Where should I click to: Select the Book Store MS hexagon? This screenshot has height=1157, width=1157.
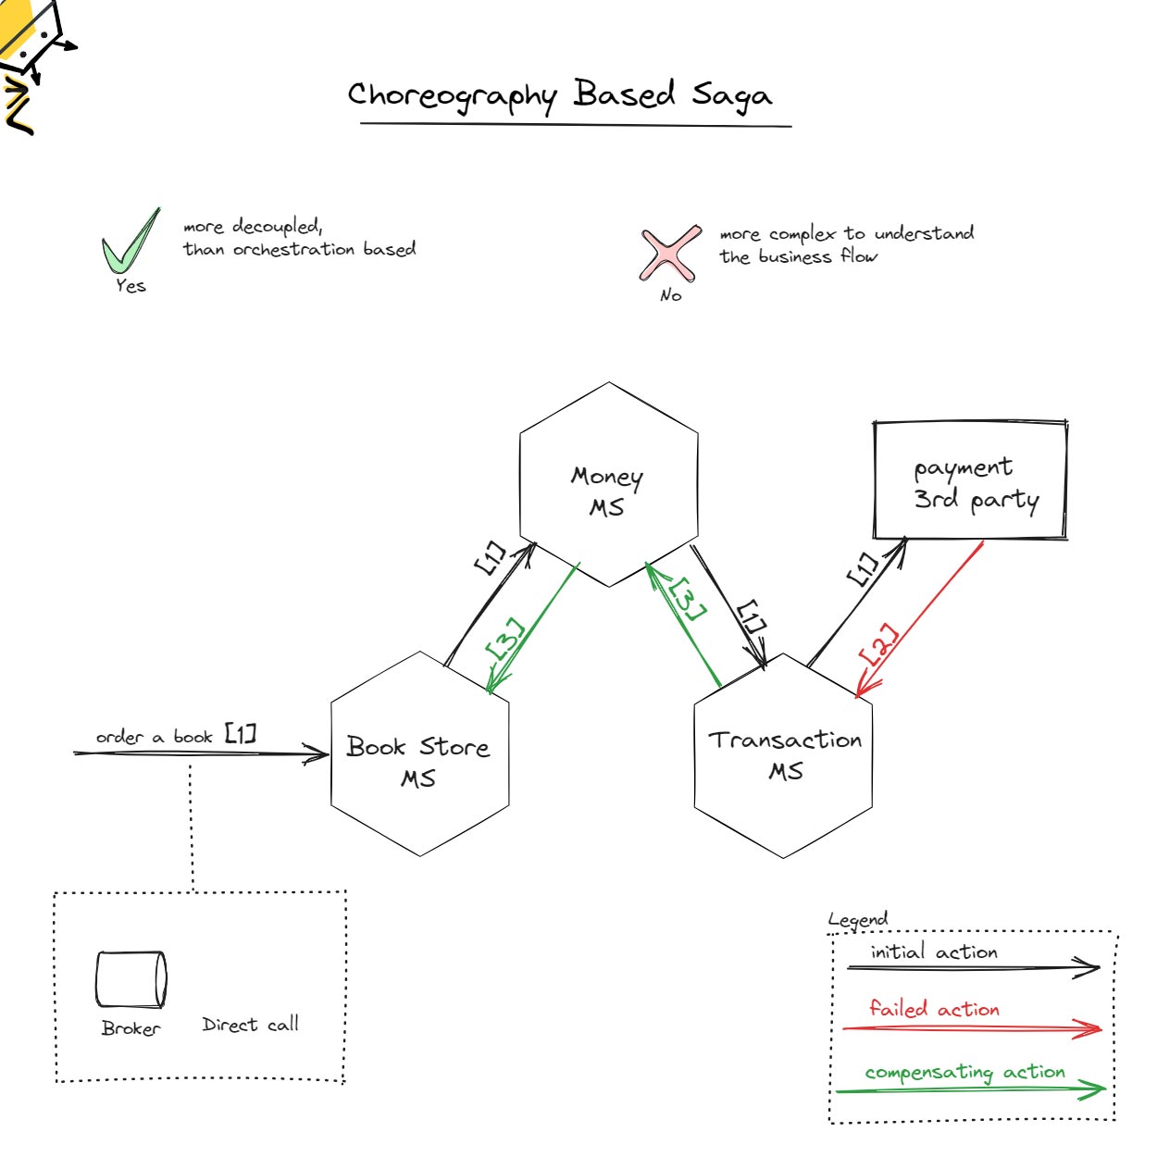pyautogui.click(x=419, y=754)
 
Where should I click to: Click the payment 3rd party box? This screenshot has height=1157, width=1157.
pyautogui.click(x=970, y=480)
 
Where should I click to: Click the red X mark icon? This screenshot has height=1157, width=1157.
pyautogui.click(x=668, y=253)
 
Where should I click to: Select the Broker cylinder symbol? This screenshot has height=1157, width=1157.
pyautogui.click(x=131, y=979)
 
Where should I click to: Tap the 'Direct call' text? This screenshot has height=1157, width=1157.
pyautogui.click(x=250, y=1025)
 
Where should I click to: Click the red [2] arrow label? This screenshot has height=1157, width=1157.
pyautogui.click(x=878, y=644)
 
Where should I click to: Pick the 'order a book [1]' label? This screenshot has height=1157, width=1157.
pyautogui.click(x=176, y=736)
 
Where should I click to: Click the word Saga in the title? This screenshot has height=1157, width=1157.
pyautogui.click(x=731, y=95)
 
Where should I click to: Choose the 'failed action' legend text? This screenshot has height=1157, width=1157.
pyautogui.click(x=934, y=1009)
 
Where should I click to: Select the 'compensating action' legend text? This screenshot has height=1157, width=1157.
pyautogui.click(x=964, y=1073)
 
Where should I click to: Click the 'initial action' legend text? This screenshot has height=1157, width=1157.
pyautogui.click(x=934, y=952)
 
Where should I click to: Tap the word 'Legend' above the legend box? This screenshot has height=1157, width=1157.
pyautogui.click(x=858, y=920)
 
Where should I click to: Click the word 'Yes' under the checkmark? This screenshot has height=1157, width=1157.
pyautogui.click(x=131, y=286)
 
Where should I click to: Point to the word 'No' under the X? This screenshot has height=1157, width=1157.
pyautogui.click(x=671, y=295)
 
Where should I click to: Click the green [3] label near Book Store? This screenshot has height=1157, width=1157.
pyautogui.click(x=505, y=640)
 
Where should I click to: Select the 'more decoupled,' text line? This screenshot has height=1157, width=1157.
pyautogui.click(x=252, y=226)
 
